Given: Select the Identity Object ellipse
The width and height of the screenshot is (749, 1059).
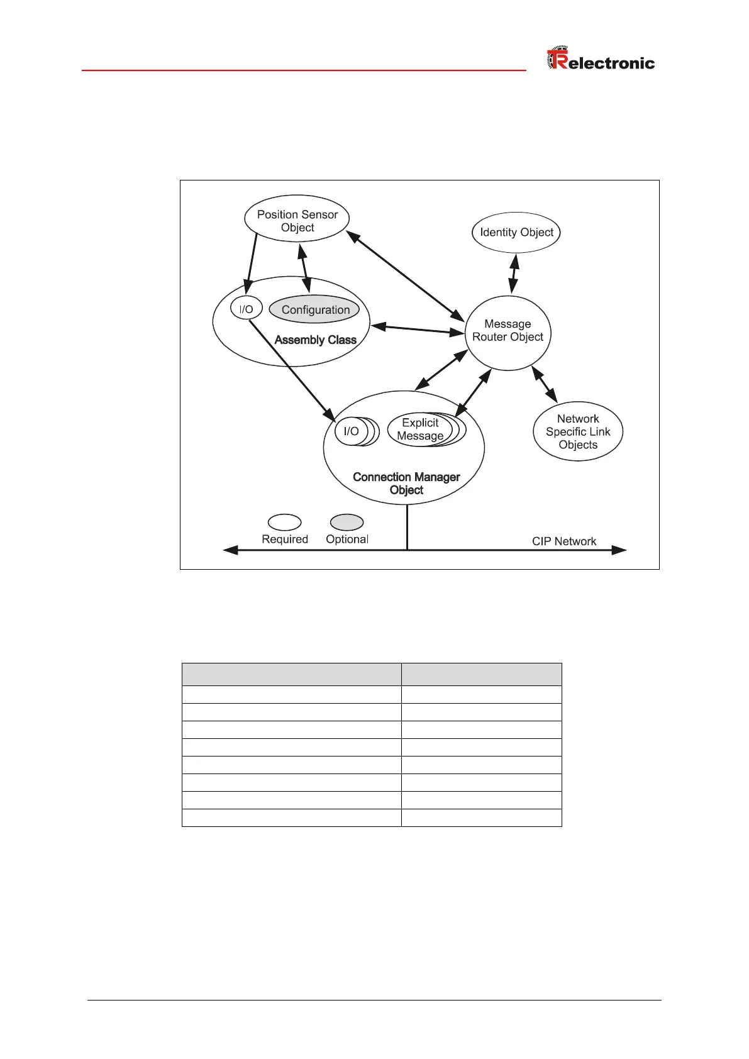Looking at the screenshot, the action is [516, 232].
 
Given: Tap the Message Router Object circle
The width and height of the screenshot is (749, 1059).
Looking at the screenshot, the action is [508, 332].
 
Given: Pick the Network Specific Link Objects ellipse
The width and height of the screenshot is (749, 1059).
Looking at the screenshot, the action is [578, 431].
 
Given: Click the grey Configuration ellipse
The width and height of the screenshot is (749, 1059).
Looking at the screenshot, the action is [315, 309].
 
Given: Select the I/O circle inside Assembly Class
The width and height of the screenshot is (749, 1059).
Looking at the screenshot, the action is [246, 309].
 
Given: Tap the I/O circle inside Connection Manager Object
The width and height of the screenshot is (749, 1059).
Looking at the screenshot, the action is [351, 431].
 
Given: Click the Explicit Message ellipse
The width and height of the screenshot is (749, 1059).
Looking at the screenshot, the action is [419, 430].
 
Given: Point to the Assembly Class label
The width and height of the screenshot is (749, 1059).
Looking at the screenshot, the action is [315, 340].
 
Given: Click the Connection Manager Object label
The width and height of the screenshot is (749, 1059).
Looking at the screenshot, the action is [406, 484].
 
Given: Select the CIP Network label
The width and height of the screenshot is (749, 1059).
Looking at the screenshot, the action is [563, 541].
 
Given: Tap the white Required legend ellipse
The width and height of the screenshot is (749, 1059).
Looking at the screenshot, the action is [284, 523].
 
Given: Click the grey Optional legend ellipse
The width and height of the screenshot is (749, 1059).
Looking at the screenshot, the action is [347, 523].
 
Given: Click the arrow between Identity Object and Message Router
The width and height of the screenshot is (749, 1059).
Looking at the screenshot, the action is [514, 274].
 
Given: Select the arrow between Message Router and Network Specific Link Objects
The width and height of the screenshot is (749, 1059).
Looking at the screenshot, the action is [545, 384].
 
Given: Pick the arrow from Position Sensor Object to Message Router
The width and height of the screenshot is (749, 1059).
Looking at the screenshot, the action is [405, 275].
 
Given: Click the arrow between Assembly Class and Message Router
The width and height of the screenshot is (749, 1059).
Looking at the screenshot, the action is [418, 329].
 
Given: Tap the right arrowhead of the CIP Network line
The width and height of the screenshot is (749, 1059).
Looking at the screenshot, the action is [619, 550].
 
